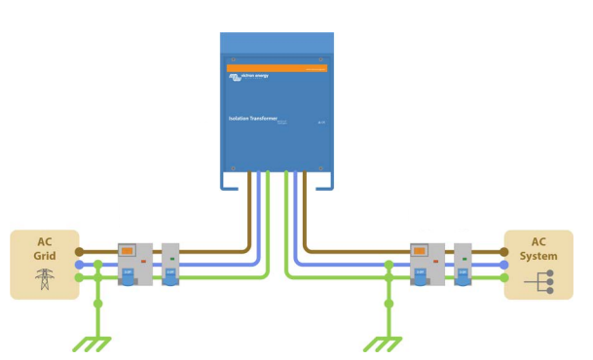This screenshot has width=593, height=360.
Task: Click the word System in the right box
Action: (x=538, y=257)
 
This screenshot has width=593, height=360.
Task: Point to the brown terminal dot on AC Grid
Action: (x=79, y=250)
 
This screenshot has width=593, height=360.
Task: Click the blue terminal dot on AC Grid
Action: (x=79, y=264)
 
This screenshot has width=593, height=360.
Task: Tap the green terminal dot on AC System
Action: (x=504, y=277)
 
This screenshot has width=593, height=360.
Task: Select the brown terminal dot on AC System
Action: (x=504, y=250)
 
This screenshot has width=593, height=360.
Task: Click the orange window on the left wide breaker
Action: (x=128, y=250)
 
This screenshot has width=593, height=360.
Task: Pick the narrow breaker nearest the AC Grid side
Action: (x=170, y=264)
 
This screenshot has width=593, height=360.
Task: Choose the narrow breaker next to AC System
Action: (x=463, y=264)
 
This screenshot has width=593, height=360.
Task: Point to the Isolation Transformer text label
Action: (x=251, y=119)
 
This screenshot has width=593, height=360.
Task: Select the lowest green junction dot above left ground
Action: (x=97, y=304)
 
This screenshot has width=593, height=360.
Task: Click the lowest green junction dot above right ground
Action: (x=389, y=304)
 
